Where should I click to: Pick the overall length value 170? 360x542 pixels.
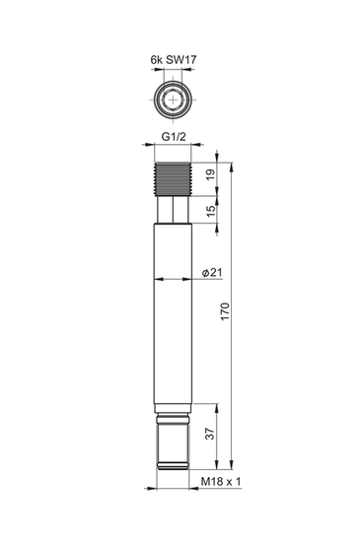[226, 313]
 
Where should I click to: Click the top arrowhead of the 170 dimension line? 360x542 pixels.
[232, 166]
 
